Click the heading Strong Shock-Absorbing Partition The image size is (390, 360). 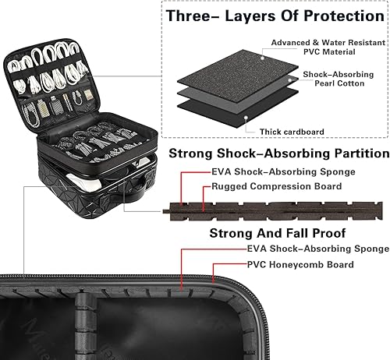pos(279,154)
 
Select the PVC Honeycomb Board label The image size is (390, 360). pos(300,265)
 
